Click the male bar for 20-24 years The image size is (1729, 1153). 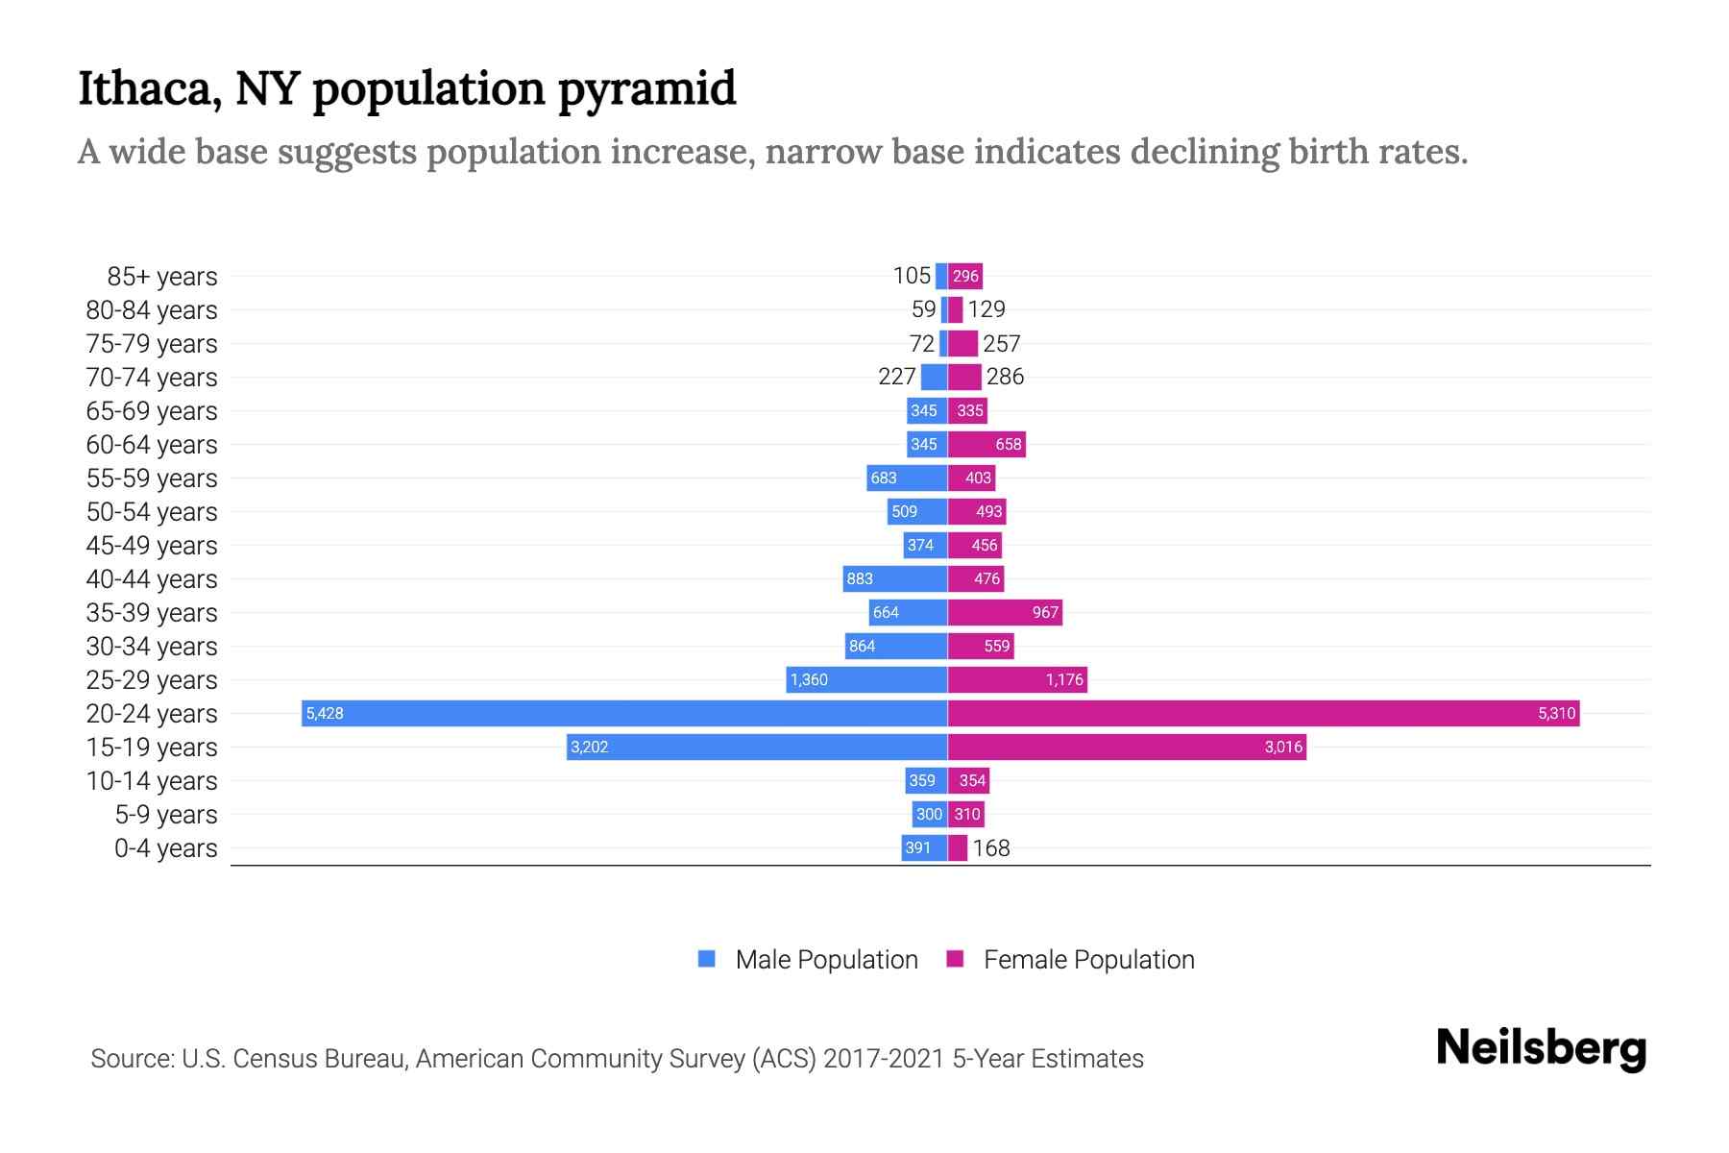pos(624,713)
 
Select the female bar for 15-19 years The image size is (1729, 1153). pos(1127,747)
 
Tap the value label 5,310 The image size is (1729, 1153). pos(1556,713)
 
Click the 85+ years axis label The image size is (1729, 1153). pos(162,277)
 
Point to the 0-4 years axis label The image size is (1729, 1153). pos(166,848)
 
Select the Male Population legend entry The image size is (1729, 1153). pos(808,959)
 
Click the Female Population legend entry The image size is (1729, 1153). pos(1071,959)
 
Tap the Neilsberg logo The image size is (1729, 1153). pos(1541,1049)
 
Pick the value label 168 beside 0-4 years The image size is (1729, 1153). pos(990,847)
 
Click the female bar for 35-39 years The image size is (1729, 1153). pos(1005,612)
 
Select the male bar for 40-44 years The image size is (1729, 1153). pos(895,578)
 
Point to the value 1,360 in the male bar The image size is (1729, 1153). pos(809,679)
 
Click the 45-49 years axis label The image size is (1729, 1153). pos(152,546)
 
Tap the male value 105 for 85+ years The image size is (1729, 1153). pos(912,276)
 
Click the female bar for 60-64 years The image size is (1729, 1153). pos(986,444)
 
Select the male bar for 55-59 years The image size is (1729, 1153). pos(907,478)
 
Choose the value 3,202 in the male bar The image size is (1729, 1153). pos(589,747)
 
